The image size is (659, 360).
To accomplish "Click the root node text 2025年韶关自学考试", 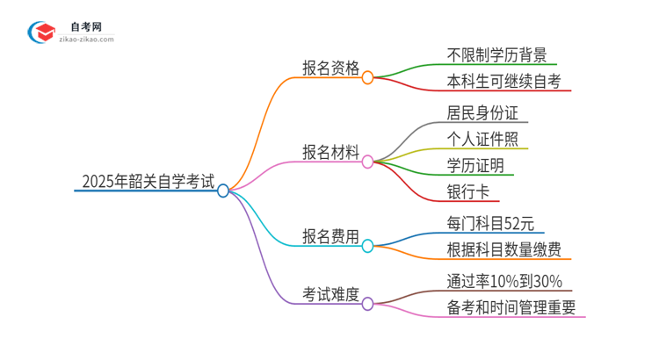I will [x=147, y=183].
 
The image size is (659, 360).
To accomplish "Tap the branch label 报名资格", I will [x=330, y=69].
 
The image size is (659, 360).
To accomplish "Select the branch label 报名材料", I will [x=330, y=153].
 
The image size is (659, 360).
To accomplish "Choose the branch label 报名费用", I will [x=330, y=236].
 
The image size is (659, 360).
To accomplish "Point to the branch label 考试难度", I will [x=330, y=295].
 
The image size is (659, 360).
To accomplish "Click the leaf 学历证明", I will [x=475, y=165].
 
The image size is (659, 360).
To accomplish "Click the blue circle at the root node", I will [x=223, y=191].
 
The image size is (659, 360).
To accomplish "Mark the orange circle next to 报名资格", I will [x=368, y=76].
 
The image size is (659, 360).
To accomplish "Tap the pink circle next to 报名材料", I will [x=368, y=161].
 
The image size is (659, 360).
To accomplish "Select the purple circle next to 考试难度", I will [x=368, y=304].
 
